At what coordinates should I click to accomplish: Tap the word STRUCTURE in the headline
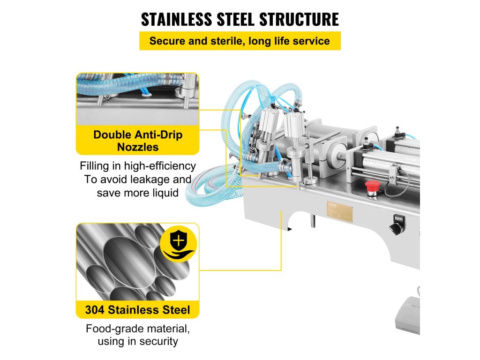pos(300,19)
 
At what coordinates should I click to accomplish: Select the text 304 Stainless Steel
pos(137,310)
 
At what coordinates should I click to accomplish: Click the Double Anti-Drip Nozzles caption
pos(137,141)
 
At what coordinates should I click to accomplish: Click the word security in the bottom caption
pos(157,342)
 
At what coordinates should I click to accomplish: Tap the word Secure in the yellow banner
pos(166,41)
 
